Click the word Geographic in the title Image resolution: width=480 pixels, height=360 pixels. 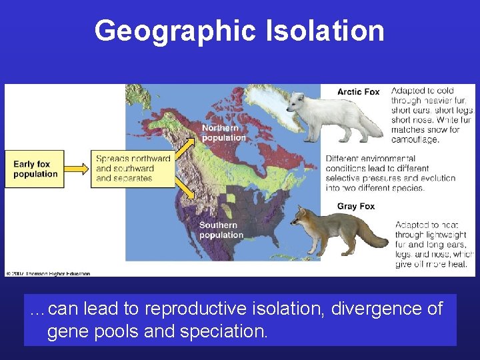click(175, 31)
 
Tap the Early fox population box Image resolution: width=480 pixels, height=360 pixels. click(36, 169)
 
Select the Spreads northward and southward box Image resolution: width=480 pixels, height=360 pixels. click(133, 169)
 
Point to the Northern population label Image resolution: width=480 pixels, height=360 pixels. click(223, 133)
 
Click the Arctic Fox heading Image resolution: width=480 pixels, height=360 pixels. click(358, 92)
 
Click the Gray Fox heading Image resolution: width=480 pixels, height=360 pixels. click(355, 207)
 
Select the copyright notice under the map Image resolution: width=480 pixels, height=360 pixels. click(48, 273)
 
